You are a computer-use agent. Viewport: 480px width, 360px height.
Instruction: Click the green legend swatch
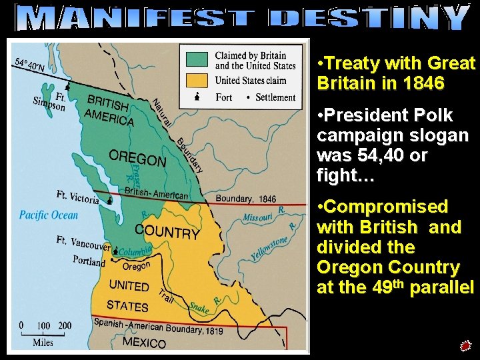(197, 61)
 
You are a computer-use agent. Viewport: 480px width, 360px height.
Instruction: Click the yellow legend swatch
(197, 81)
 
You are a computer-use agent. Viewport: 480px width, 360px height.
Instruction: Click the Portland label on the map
(89, 261)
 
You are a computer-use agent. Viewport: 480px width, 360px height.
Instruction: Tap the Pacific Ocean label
(49, 215)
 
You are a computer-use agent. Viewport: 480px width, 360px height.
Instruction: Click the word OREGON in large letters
(137, 159)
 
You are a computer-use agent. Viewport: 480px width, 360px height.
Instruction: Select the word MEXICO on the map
(144, 343)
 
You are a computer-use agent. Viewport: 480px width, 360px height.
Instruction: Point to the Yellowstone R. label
(271, 249)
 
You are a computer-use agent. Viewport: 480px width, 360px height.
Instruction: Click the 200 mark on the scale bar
(65, 325)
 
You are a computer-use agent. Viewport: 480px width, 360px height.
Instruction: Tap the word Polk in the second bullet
(431, 116)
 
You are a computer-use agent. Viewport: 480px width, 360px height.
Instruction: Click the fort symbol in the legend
(197, 97)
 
